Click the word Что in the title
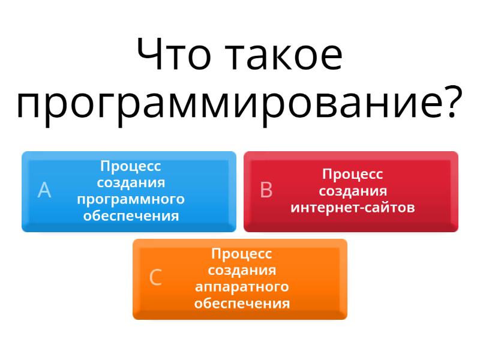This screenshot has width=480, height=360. pos(174,55)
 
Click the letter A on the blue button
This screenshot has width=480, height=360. pos(44,190)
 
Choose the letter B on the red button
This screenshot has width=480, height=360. pos(266,190)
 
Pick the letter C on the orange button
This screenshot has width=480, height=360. pos(155,277)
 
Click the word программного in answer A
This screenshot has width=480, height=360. pos(131,200)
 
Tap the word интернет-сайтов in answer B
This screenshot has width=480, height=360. pos(353,207)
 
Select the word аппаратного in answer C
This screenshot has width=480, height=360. pos(242,287)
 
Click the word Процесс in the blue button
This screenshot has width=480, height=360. pos(131,167)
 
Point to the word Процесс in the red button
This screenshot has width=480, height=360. pos(353,175)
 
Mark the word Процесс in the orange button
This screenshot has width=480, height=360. pos(242,254)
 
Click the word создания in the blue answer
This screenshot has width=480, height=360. pos(131,183)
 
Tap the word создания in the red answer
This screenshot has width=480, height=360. pos(353,191)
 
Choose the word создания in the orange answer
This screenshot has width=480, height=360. pos(242,271)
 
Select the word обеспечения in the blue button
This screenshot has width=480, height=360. pos(131,216)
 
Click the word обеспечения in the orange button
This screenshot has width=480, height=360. pos(242,304)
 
